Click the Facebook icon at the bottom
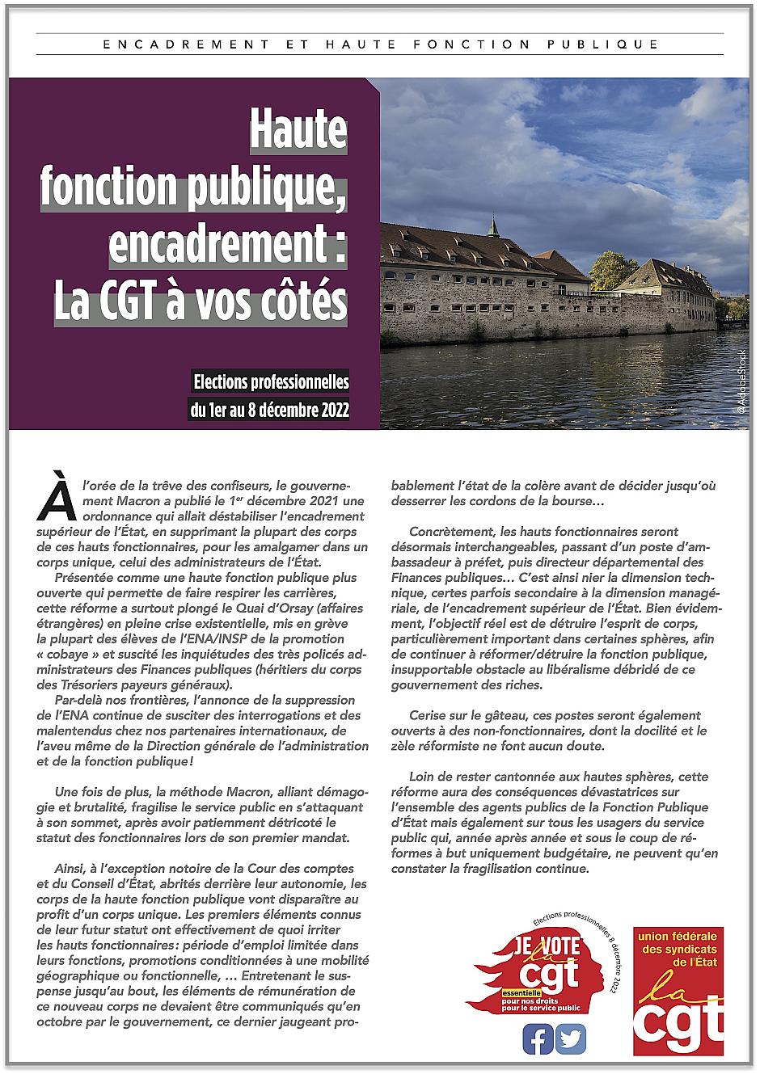[538, 1038]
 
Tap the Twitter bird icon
[572, 1038]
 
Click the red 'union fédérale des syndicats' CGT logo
[678, 992]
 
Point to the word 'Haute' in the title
[298, 129]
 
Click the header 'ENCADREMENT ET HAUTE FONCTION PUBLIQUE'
[381, 44]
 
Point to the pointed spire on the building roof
[492, 224]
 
